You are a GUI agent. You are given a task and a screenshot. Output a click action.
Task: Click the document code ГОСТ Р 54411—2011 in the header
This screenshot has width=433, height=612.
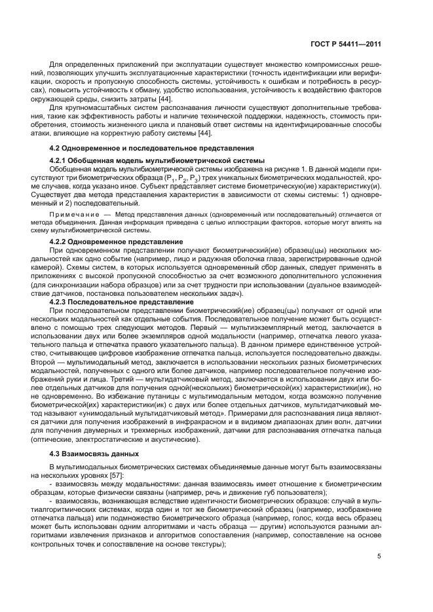pos(345,44)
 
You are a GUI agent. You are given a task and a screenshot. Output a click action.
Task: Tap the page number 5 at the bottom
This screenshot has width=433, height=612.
pos(379,556)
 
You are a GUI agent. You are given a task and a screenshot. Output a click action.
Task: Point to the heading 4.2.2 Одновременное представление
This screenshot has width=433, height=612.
pos(117,242)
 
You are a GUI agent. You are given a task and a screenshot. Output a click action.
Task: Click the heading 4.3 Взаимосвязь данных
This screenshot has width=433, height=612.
pos(94,454)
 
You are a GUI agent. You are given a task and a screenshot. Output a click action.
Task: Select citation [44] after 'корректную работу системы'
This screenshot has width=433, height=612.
pos(204,134)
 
